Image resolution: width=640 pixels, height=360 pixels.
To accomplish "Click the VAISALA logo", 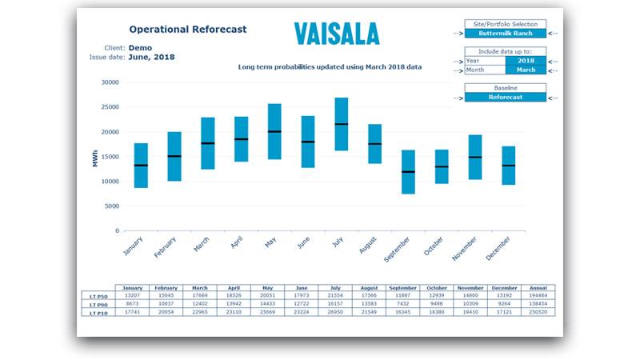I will [x=336, y=33].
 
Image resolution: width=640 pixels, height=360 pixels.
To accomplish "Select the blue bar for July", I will [x=341, y=124].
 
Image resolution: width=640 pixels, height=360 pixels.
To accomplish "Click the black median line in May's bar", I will [x=274, y=131].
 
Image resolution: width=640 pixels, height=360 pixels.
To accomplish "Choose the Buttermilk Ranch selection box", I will [x=506, y=34].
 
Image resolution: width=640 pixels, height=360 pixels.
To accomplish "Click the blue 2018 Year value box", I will [x=526, y=60].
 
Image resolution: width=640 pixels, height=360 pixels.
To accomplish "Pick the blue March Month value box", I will [x=526, y=70].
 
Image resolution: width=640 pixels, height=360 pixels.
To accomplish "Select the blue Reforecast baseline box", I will [x=506, y=97].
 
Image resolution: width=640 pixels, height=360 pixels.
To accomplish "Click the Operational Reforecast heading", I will [x=187, y=30].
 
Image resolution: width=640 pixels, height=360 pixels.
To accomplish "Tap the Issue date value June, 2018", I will [x=151, y=58].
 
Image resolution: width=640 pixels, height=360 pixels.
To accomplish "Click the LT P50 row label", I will [x=98, y=295].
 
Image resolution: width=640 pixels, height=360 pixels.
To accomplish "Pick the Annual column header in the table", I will [x=538, y=287].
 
